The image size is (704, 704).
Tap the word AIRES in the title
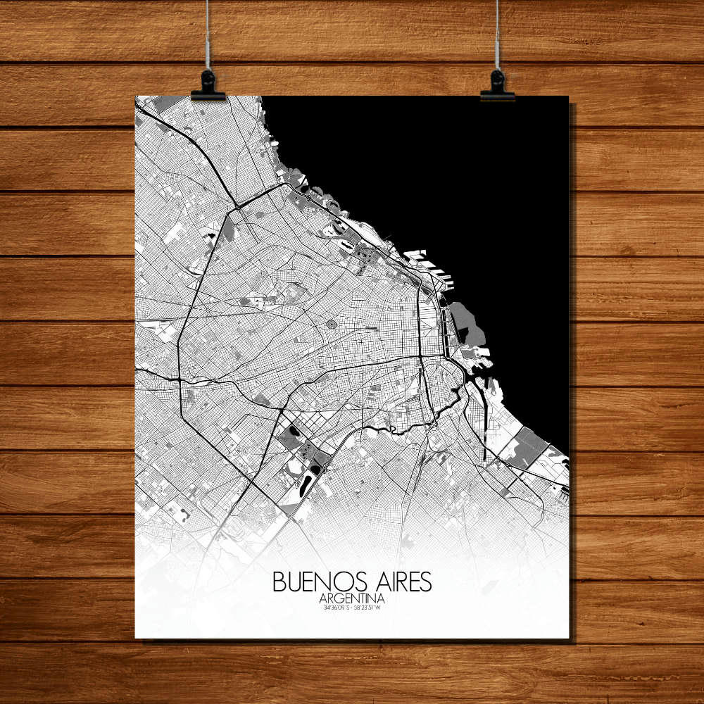click(x=400, y=582)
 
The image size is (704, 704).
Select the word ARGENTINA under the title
click(x=354, y=598)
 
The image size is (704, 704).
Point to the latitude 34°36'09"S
click(x=335, y=606)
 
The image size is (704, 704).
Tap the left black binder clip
click(x=208, y=85)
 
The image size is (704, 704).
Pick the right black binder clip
click(x=497, y=85)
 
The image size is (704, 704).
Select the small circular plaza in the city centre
click(x=330, y=325)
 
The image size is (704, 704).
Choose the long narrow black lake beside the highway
click(x=308, y=484)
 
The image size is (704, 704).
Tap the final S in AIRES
click(x=426, y=582)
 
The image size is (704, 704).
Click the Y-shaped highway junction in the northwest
click(x=238, y=206)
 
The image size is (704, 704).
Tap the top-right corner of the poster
click(x=568, y=96)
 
